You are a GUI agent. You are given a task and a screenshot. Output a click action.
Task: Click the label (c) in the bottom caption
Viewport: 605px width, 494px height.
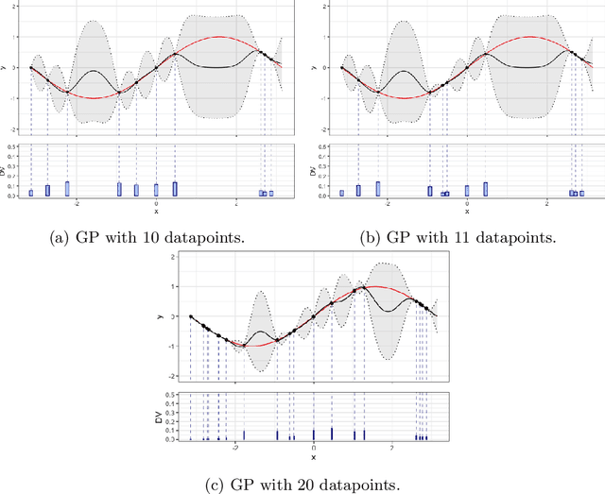click(217, 486)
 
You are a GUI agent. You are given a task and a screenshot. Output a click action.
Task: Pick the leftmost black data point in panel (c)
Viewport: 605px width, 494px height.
click(191, 317)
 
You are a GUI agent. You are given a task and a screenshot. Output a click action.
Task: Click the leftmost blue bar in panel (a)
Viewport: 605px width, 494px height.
click(31, 193)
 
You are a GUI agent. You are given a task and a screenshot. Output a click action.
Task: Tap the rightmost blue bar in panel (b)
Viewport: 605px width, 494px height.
click(582, 193)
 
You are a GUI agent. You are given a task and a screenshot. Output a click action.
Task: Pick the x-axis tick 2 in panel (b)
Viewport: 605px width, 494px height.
click(547, 203)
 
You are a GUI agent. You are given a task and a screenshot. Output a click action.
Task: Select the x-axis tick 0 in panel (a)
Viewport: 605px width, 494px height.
click(157, 203)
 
